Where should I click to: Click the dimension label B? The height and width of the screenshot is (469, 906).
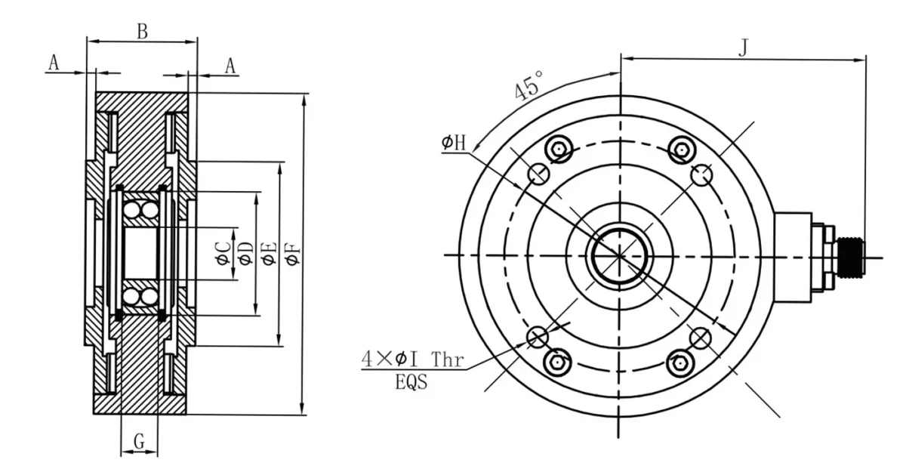coord(141,31)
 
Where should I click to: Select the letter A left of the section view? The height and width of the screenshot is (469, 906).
coord(53,63)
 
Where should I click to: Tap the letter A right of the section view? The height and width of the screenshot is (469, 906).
coord(230,66)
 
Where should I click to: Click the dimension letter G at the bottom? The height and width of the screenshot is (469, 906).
coord(139,441)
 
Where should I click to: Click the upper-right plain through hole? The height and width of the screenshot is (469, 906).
coord(701,174)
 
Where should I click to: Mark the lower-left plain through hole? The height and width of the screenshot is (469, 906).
coord(538,336)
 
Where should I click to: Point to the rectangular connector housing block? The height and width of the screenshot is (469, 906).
coord(793,255)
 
